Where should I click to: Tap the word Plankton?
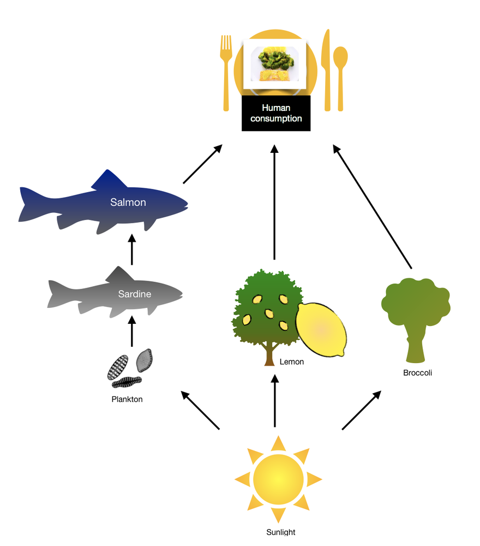pyautogui.click(x=127, y=399)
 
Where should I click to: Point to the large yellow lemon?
pyautogui.click(x=321, y=329)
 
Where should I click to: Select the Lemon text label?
pyautogui.click(x=291, y=361)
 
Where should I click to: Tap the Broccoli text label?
pyautogui.click(x=417, y=373)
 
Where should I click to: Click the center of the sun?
pyautogui.click(x=278, y=479)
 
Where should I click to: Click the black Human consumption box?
pyautogui.click(x=276, y=114)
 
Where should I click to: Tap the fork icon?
pyautogui.click(x=226, y=71)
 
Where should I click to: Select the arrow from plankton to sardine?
pyautogui.click(x=131, y=331)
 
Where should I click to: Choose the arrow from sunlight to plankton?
pyautogui.click(x=200, y=410)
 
